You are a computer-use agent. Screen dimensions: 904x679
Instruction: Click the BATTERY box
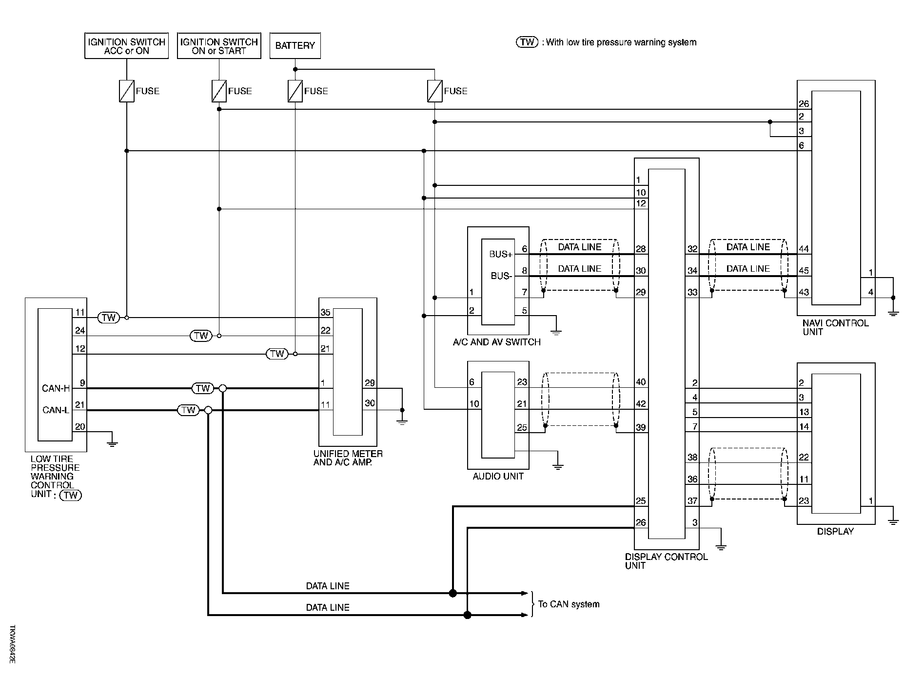pyautogui.click(x=295, y=46)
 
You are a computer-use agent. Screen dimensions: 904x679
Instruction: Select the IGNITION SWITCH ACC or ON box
pyautogui.click(x=126, y=46)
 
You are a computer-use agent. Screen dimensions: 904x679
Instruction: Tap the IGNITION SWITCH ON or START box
pyautogui.click(x=219, y=46)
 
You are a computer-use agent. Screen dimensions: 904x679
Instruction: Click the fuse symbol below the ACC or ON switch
pyautogui.click(x=127, y=91)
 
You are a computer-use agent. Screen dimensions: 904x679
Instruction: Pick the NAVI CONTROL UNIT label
pyautogui.click(x=835, y=327)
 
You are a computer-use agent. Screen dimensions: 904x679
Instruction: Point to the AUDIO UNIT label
pyautogui.click(x=498, y=476)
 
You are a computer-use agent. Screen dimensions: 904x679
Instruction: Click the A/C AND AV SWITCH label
pyautogui.click(x=497, y=342)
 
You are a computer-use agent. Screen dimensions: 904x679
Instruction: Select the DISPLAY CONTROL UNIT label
pyautogui.click(x=666, y=561)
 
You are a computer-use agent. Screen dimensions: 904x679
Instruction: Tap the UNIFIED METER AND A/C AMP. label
pyautogui.click(x=348, y=458)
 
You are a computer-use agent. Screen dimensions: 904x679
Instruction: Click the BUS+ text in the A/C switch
pyautogui.click(x=501, y=254)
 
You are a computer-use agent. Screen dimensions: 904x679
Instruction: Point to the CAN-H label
pyautogui.click(x=56, y=388)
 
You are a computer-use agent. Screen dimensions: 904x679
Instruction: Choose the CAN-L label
pyautogui.click(x=56, y=410)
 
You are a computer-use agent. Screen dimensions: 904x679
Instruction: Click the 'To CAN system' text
pyautogui.click(x=569, y=604)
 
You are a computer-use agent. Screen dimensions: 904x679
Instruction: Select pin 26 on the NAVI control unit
pyautogui.click(x=804, y=104)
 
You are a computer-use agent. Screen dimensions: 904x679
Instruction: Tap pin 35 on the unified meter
pyautogui.click(x=325, y=313)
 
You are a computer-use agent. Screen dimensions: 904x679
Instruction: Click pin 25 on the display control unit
pyautogui.click(x=641, y=501)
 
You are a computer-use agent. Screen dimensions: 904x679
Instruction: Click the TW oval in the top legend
pyautogui.click(x=527, y=42)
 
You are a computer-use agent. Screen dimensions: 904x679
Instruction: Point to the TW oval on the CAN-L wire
pyautogui.click(x=188, y=410)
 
